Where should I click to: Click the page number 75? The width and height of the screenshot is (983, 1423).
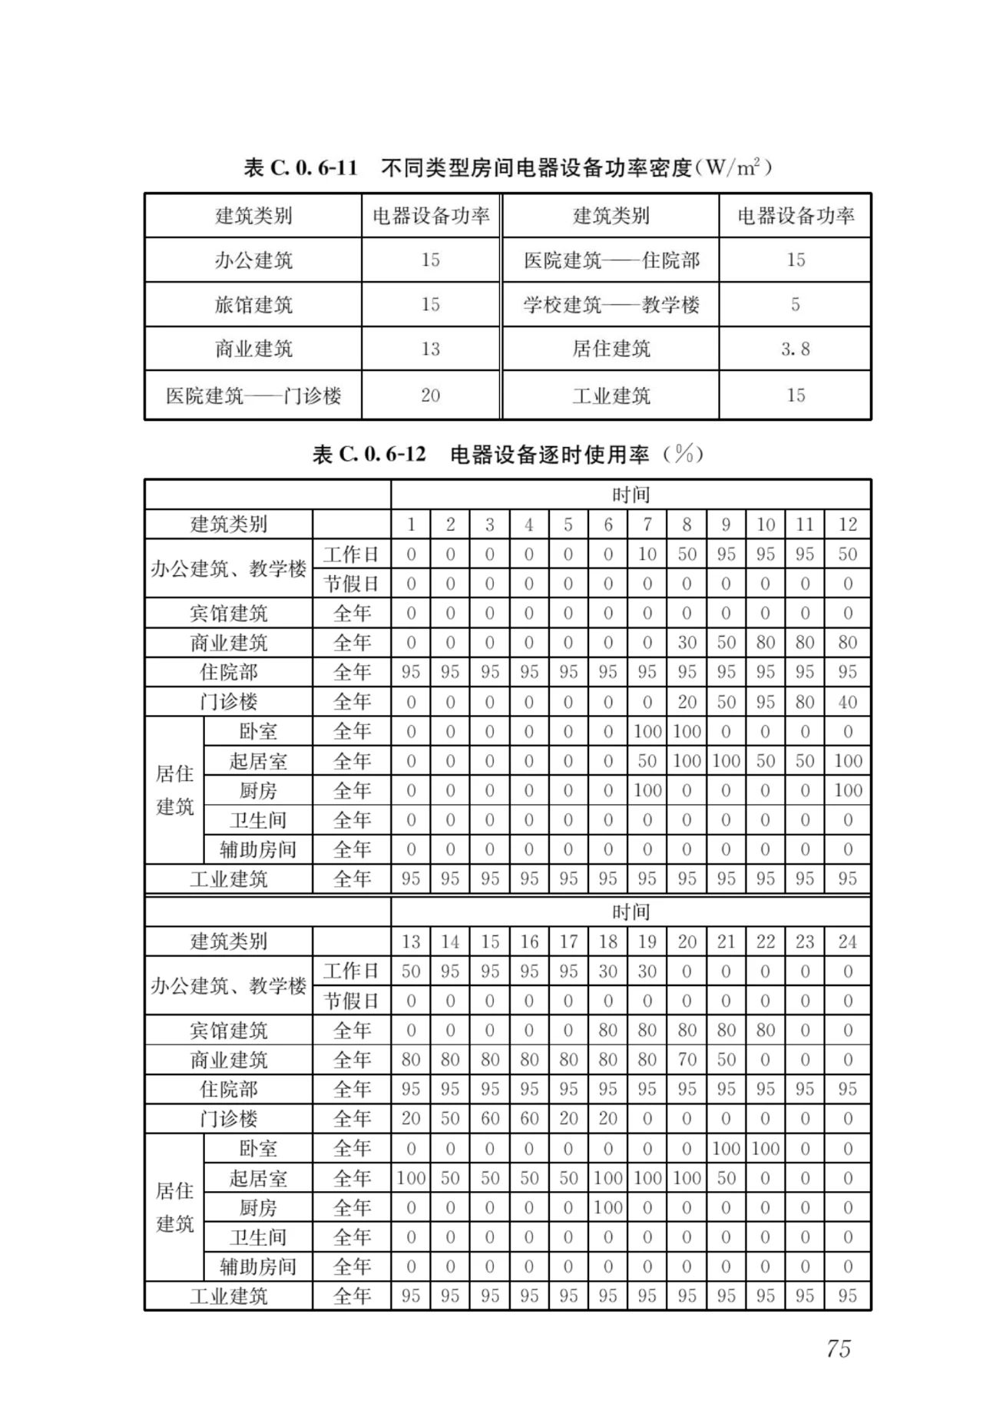pos(838,1349)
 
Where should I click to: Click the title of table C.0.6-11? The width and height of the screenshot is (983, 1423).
pos(508,167)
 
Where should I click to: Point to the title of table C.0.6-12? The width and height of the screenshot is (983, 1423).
pos(508,454)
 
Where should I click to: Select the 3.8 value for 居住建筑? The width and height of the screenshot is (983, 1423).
pos(795,349)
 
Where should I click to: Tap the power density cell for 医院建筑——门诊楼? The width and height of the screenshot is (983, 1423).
pos(430,395)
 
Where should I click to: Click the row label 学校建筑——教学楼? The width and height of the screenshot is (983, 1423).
pos(611,305)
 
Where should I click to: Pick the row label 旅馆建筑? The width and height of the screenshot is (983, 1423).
pos(253,305)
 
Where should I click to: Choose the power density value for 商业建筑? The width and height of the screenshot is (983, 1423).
pos(430,349)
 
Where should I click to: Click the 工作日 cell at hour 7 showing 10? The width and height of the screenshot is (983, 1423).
pos(647,554)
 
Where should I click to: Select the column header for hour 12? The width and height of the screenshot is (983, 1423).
pos(847,525)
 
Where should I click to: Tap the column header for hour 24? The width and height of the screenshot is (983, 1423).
pos(847,941)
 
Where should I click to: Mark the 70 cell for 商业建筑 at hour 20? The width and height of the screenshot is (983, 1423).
pos(687,1060)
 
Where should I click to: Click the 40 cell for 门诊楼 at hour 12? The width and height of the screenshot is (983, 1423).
pos(847,702)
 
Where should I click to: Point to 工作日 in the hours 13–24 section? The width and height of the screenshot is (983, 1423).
pos(351,971)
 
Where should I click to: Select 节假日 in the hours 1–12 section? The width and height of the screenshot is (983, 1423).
pos(351,584)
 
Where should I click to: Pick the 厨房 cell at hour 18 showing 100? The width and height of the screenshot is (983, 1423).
pos(607,1207)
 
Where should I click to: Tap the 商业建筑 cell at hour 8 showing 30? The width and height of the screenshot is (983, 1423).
pos(687,643)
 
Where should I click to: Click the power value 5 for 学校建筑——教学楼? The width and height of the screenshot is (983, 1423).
pos(795,305)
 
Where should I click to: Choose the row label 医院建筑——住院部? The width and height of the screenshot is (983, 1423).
pos(611,260)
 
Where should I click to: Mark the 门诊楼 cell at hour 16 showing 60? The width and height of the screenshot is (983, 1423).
pos(529,1119)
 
